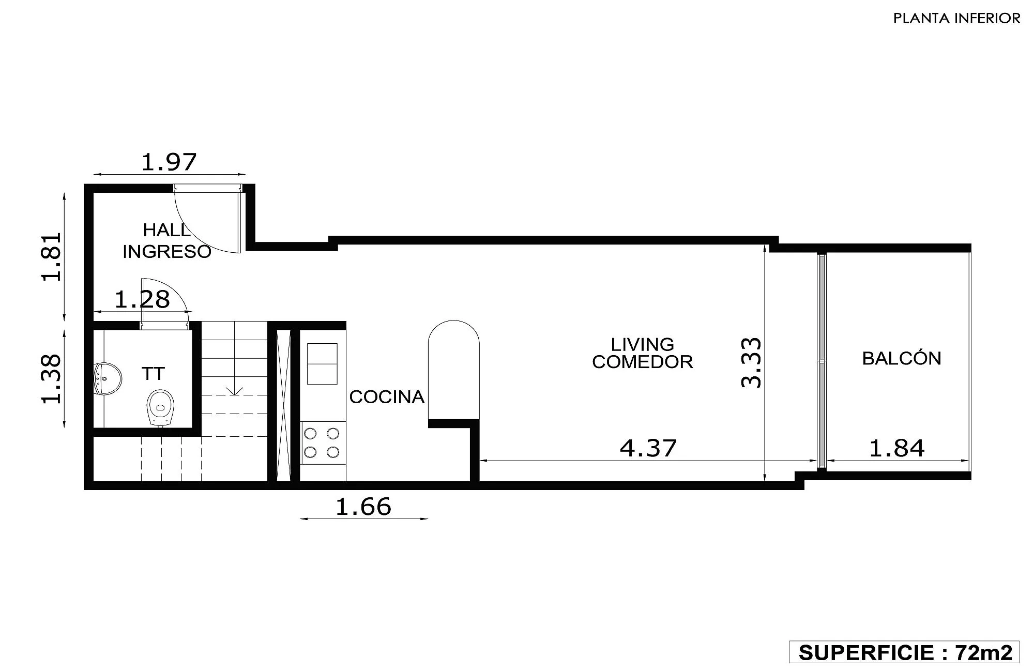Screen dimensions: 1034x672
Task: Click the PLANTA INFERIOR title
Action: (957, 19)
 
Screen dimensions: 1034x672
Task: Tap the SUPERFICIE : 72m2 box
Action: (904, 652)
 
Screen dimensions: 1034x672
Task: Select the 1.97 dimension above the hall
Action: (169, 162)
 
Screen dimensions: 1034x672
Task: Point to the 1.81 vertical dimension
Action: (52, 257)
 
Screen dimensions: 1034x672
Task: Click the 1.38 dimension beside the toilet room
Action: (52, 379)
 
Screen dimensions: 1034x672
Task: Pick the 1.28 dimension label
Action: (142, 300)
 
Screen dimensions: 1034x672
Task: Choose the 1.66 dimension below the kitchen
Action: (363, 507)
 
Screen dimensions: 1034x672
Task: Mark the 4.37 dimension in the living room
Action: (648, 448)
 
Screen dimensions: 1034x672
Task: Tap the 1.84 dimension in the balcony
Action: (897, 448)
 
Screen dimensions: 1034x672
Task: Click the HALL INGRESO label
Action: (167, 240)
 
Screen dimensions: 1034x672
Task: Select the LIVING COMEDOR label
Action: (643, 353)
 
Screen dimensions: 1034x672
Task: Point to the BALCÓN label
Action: (902, 358)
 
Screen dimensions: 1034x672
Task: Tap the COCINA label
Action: (387, 397)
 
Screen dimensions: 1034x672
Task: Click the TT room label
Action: (153, 374)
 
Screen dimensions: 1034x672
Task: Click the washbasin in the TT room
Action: (108, 379)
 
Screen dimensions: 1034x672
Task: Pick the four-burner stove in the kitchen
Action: (322, 442)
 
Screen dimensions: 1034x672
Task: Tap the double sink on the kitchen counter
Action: (322, 364)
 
